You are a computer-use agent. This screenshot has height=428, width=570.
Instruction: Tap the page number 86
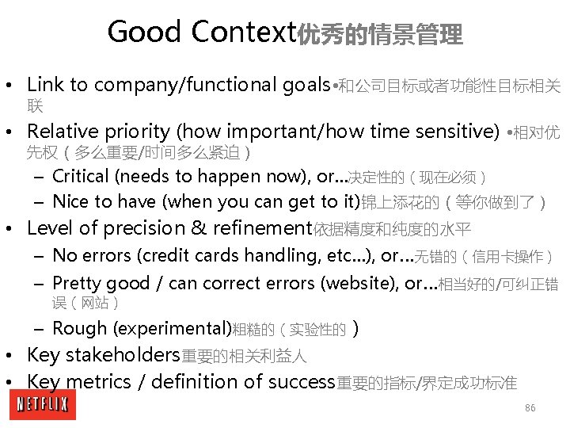[x=530, y=407]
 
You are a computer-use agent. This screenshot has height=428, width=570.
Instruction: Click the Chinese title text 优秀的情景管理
[x=379, y=35]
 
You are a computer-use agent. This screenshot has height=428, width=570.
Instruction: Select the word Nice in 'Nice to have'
[x=70, y=201]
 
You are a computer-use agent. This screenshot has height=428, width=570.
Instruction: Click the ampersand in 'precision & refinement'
[x=199, y=228]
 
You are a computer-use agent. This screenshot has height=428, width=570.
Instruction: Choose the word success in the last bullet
[x=302, y=381]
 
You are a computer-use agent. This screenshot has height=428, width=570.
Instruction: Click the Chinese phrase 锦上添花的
[x=401, y=203]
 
